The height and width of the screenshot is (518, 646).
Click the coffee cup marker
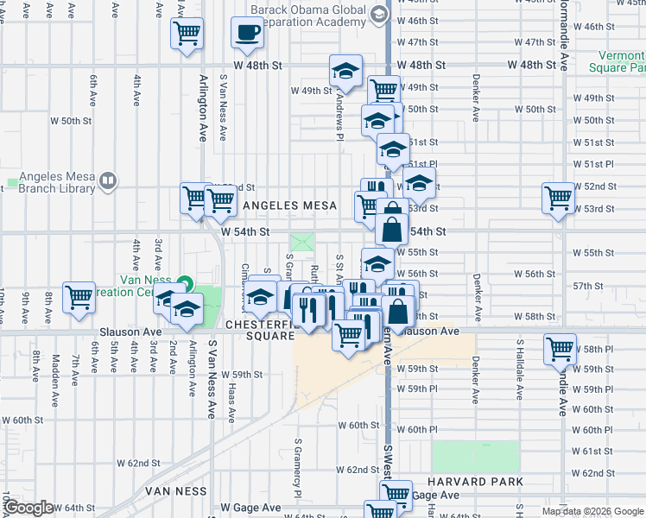click(247, 34)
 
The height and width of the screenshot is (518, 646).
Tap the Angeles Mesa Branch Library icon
click(108, 181)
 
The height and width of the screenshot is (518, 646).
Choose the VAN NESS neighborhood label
click(176, 490)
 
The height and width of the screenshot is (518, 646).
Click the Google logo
click(28, 508)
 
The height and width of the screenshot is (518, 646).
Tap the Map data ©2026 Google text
click(592, 511)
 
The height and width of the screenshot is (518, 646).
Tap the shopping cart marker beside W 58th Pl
click(560, 348)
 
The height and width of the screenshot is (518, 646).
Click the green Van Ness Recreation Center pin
click(184, 283)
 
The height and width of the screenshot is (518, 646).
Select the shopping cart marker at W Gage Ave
click(396, 493)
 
